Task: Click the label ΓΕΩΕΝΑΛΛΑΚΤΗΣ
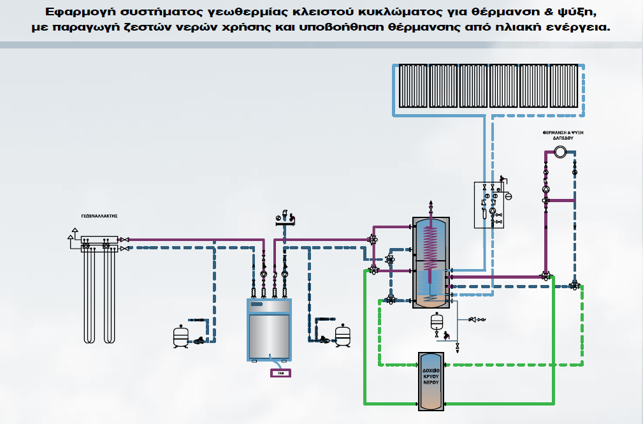(x=101, y=216)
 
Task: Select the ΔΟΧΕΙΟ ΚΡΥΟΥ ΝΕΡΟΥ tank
(x=431, y=381)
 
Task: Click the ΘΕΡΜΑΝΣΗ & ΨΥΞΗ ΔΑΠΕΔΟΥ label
(x=560, y=135)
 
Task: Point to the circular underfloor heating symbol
(x=560, y=152)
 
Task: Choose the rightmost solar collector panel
(x=564, y=86)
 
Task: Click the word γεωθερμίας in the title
(x=235, y=13)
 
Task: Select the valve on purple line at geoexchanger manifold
(x=124, y=240)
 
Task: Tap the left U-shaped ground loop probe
(x=90, y=293)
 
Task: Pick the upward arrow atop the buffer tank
(x=431, y=203)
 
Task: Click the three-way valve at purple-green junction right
(x=545, y=276)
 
